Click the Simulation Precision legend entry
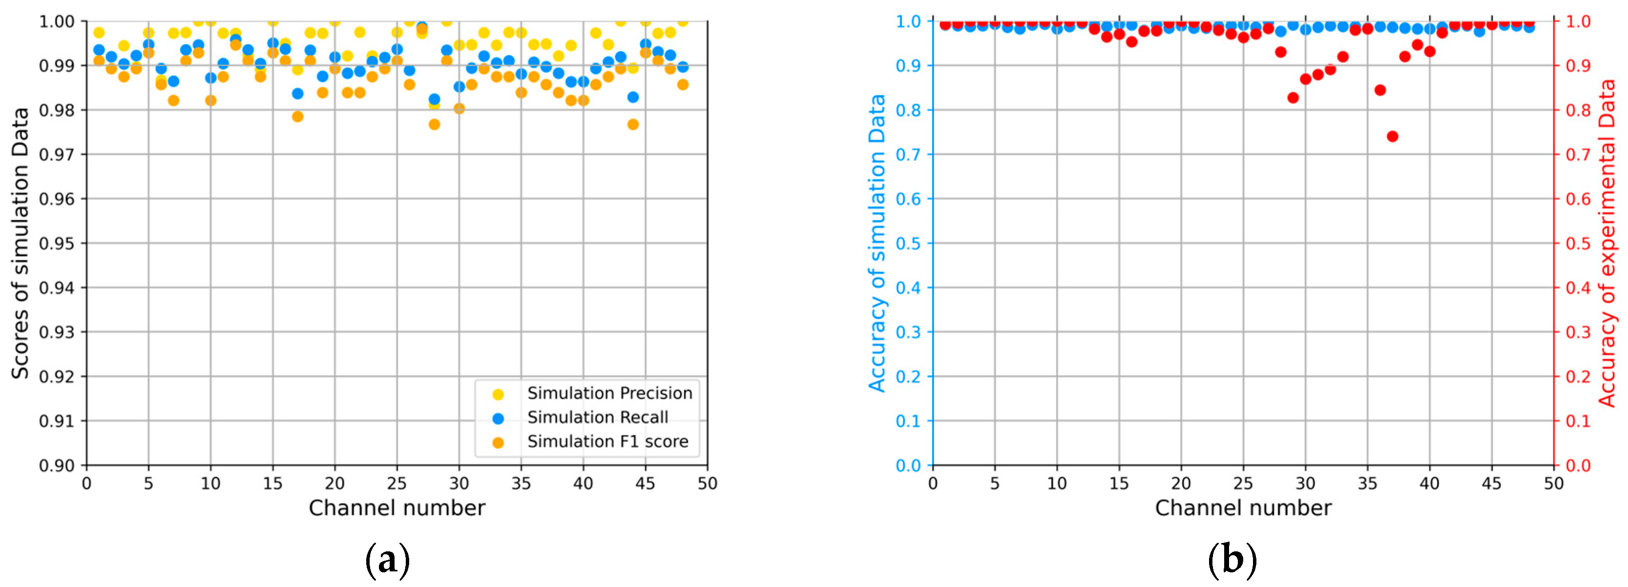(x=609, y=393)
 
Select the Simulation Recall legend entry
(x=597, y=417)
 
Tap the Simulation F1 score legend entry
(x=607, y=441)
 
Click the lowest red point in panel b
(x=1392, y=136)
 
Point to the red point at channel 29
(x=1293, y=98)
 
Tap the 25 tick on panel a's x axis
(x=397, y=483)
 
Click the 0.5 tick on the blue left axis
(x=908, y=243)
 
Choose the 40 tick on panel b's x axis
(x=1430, y=483)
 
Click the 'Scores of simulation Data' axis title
(x=20, y=243)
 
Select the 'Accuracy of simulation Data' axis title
(x=877, y=243)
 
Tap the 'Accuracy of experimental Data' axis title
(x=1607, y=243)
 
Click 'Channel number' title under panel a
(x=397, y=508)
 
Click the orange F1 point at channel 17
(x=298, y=116)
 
